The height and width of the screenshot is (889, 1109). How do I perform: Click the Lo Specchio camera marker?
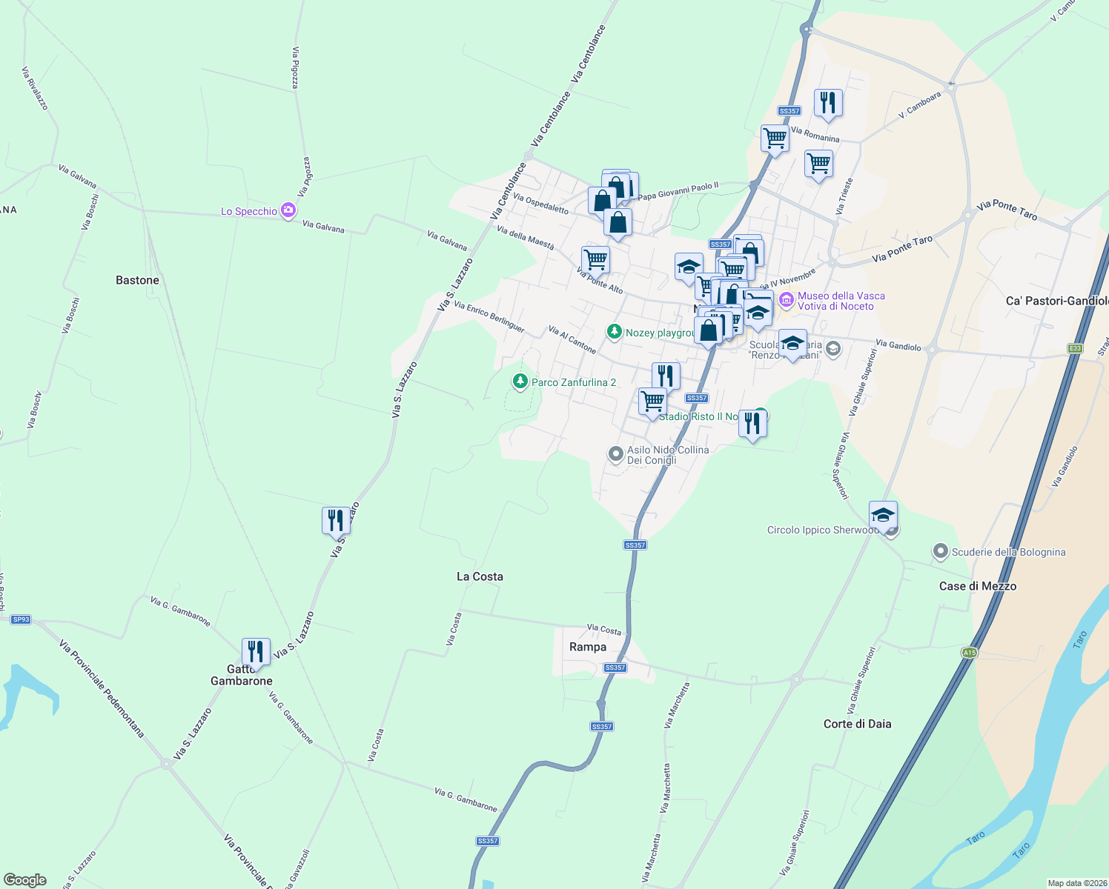288,211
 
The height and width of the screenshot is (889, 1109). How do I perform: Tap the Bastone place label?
137,280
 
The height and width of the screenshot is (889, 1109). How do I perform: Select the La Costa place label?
480,576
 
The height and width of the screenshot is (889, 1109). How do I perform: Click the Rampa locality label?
588,647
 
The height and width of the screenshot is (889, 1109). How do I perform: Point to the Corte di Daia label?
857,724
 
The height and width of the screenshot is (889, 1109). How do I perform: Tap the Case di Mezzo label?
977,586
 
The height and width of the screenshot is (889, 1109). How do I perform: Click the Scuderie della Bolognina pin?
941,552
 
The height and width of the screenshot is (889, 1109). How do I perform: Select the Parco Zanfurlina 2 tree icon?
520,382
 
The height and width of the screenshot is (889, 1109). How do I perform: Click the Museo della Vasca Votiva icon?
787,300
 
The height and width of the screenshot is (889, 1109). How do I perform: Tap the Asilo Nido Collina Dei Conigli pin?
615,454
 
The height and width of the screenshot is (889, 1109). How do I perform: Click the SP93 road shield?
21,619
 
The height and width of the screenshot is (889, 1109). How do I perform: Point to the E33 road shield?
1076,348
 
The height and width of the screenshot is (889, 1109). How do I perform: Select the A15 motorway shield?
969,653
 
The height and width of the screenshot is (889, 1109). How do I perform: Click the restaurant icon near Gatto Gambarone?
256,652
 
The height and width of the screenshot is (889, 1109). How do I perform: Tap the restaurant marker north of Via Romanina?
828,102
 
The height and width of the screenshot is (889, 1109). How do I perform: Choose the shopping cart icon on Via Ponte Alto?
596,260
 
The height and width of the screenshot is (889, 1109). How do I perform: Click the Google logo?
25,879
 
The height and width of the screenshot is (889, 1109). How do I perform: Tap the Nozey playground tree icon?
614,332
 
